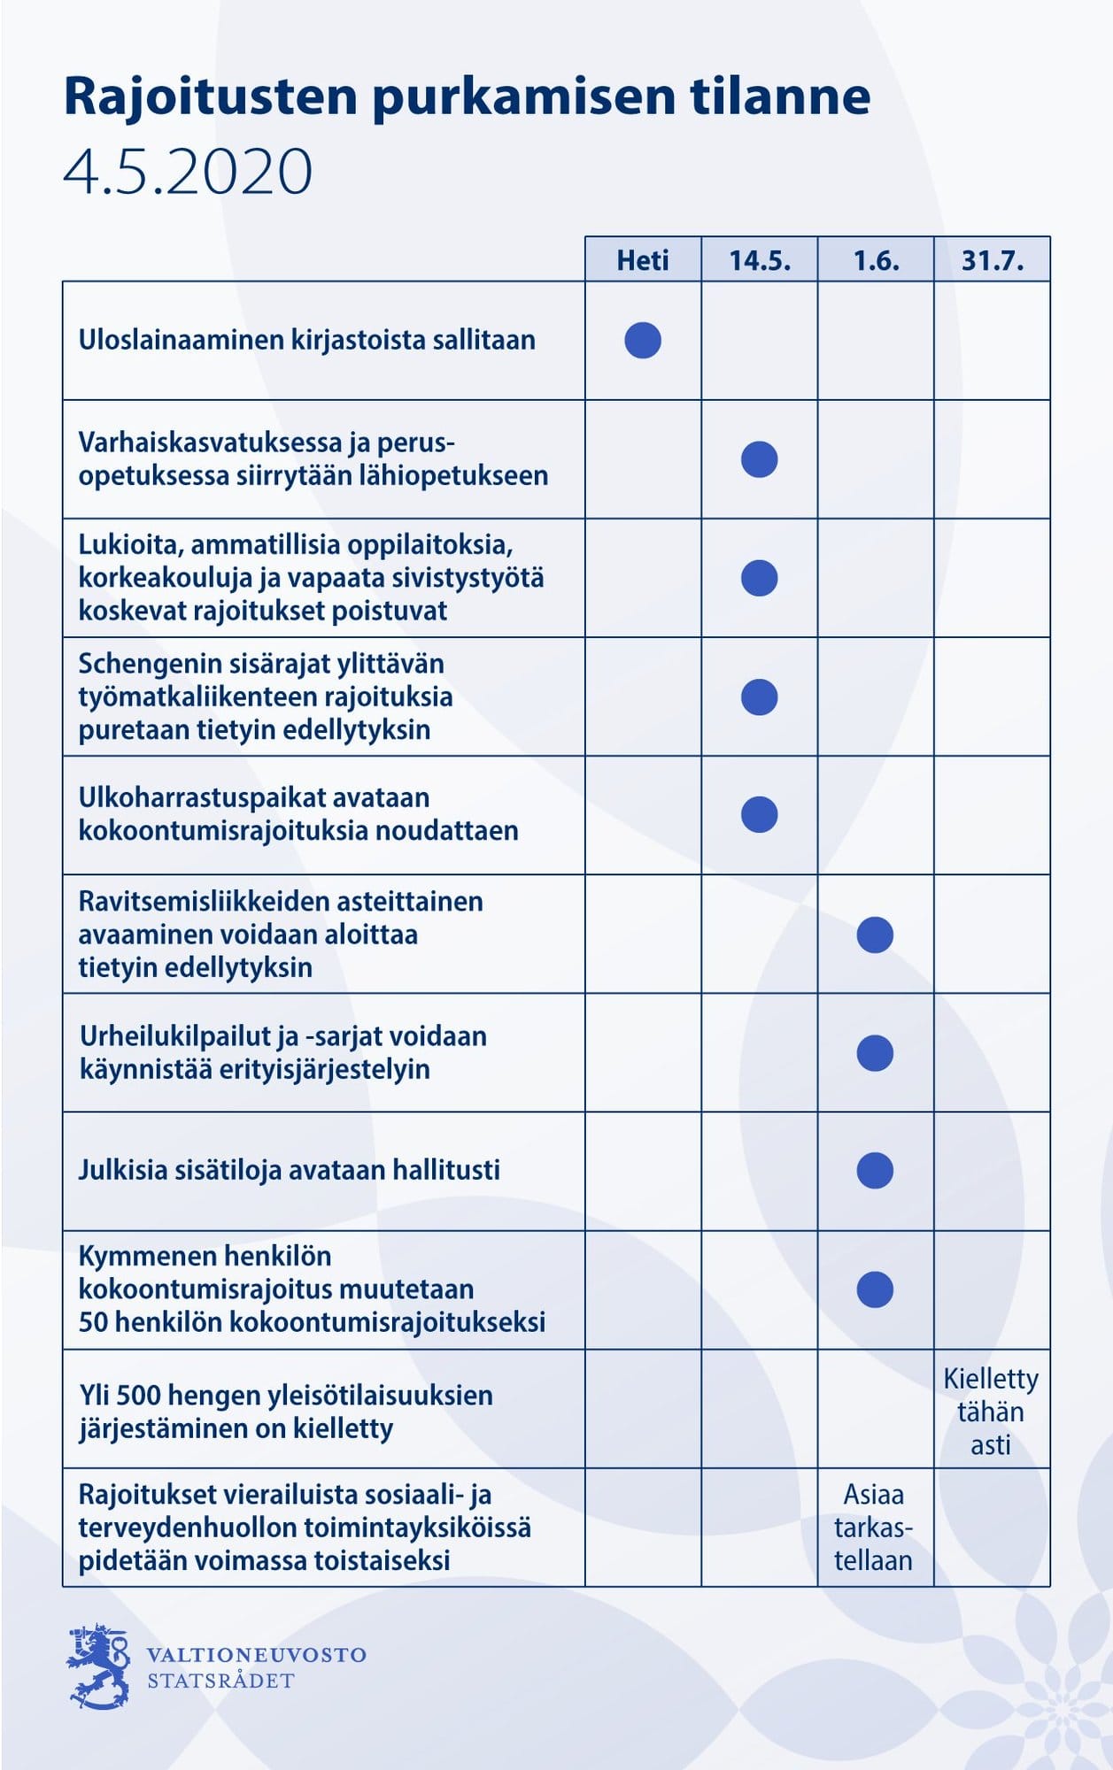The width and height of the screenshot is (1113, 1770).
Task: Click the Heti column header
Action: (x=643, y=260)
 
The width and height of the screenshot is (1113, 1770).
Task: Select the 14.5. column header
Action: (x=760, y=260)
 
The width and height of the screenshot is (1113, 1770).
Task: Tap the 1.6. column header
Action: (x=876, y=260)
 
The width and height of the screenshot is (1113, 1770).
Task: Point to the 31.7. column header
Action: (x=992, y=260)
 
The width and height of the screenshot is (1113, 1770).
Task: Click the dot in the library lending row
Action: (x=643, y=341)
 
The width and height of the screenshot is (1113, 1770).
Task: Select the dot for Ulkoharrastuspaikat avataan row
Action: (x=759, y=815)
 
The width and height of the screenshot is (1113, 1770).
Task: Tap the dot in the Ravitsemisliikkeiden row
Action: (x=875, y=935)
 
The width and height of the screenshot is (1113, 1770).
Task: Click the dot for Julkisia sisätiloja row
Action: (x=875, y=1171)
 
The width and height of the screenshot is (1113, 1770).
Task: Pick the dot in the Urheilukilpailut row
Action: (x=875, y=1053)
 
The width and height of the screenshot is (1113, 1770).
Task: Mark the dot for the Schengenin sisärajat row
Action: (x=759, y=697)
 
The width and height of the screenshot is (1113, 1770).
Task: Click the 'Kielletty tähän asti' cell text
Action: (x=991, y=1412)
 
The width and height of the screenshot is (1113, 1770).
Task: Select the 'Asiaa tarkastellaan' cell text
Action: (x=873, y=1528)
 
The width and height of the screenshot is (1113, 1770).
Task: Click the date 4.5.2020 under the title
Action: (x=188, y=171)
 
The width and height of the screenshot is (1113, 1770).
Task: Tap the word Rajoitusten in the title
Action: (x=211, y=96)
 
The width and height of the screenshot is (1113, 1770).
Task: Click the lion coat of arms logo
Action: (x=97, y=1666)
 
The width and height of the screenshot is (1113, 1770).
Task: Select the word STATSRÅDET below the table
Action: (x=220, y=1681)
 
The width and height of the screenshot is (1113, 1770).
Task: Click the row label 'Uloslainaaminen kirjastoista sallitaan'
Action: (x=306, y=341)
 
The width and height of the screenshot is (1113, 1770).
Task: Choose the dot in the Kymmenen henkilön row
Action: (x=875, y=1289)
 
